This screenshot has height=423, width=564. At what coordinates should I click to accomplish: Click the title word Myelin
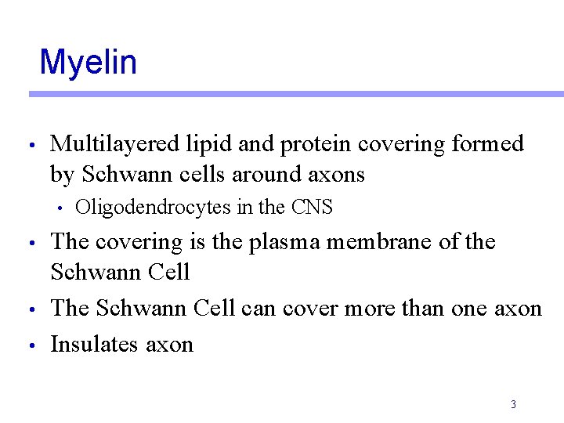click(x=88, y=62)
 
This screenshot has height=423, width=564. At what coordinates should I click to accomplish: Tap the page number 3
click(x=513, y=405)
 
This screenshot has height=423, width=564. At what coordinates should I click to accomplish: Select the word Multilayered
click(x=116, y=144)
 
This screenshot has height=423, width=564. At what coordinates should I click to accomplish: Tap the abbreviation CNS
click(x=312, y=208)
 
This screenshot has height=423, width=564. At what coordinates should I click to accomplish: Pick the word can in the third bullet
click(x=258, y=309)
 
